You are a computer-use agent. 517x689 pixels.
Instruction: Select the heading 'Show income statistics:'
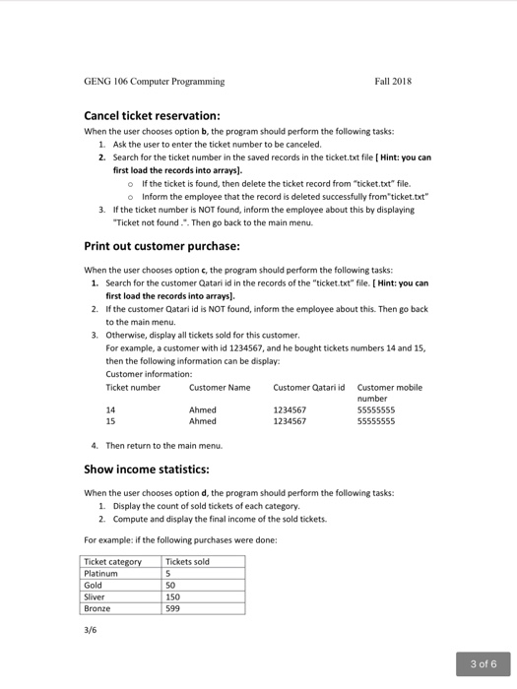pos(153,470)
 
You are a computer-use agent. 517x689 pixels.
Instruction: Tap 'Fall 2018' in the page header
pos(393,81)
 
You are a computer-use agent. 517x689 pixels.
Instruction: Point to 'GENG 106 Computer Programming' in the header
pos(154,81)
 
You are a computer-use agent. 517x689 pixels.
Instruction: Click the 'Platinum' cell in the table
pos(101,574)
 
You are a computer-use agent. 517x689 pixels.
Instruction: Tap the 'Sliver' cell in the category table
pos(96,597)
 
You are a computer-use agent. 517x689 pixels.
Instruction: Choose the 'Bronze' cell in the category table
pos(97,609)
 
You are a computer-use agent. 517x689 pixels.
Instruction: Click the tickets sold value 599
pos(173,609)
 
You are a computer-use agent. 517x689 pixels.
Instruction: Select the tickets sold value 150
pos(173,597)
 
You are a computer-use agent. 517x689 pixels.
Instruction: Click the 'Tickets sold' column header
pos(188,562)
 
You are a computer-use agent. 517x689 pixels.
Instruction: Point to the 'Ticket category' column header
pos(113,562)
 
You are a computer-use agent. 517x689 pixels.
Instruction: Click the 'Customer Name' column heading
pos(219,388)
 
